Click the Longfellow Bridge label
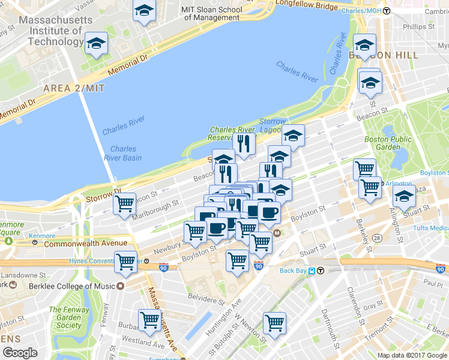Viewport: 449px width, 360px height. (306, 5)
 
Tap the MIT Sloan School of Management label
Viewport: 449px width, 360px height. (212, 13)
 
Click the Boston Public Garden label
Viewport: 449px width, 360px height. (388, 143)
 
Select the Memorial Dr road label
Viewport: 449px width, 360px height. (127, 65)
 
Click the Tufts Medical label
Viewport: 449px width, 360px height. (430, 228)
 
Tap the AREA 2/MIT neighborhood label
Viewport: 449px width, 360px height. (74, 88)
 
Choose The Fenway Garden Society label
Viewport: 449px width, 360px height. (65, 318)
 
